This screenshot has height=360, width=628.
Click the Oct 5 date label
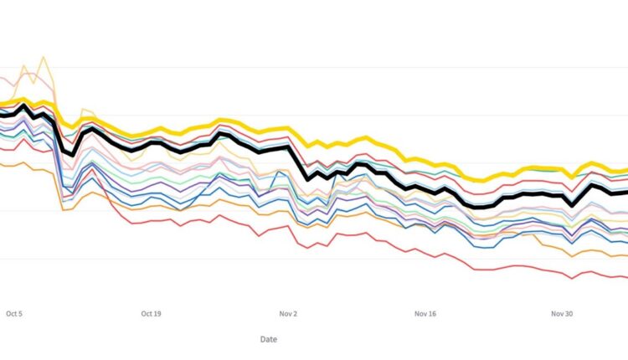pos(14,314)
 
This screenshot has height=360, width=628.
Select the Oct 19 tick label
pos(152,314)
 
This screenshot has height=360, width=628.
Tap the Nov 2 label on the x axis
pos(289,314)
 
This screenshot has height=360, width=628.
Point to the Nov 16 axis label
pos(426,314)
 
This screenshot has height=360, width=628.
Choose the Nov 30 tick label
pos(563,314)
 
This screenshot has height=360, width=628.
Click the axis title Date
pos(268,339)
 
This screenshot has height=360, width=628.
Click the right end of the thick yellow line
pos(625,170)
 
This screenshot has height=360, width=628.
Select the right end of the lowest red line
pos(625,276)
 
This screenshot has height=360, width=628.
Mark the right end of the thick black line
pos(625,192)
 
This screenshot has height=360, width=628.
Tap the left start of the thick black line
pos(2,114)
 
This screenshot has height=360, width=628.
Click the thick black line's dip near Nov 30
pos(572,203)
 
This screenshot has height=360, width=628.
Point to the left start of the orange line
pos(2,165)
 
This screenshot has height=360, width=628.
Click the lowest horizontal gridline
pos(314,258)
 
